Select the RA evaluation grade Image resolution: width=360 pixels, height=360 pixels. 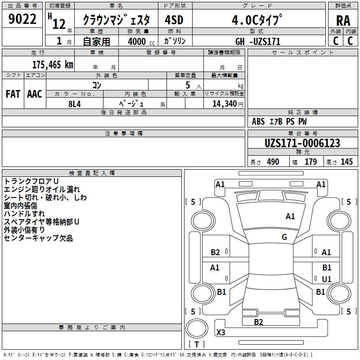pos(343,21)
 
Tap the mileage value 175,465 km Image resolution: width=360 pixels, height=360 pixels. pos(53,64)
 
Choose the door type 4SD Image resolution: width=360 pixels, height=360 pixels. pos(174,20)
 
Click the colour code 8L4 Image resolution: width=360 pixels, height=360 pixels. pos(75,103)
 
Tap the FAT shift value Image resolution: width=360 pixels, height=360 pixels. pos(13,94)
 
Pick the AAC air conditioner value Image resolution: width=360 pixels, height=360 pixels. pos(34,94)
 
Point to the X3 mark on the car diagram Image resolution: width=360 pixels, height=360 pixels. pos(221,333)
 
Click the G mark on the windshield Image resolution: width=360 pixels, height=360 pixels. pos(284,237)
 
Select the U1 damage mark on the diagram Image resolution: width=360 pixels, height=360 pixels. pos(327,279)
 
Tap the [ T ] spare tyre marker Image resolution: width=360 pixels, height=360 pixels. pos(197,344)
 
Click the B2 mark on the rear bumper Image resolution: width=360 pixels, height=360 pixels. pos(258,322)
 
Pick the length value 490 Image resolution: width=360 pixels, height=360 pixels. pos(273,162)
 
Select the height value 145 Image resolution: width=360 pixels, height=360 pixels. pos(346,162)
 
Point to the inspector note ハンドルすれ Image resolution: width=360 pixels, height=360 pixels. pos(24,213)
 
